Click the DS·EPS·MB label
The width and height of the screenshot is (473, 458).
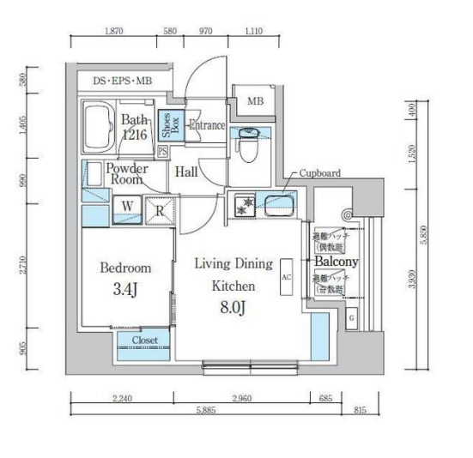click(x=126, y=82)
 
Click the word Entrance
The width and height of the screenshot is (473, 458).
click(x=206, y=126)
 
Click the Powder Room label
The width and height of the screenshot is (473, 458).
click(x=126, y=174)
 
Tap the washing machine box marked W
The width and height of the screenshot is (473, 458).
click(x=126, y=206)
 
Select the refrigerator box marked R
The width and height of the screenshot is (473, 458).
click(x=159, y=207)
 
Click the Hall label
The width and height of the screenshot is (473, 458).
click(x=186, y=172)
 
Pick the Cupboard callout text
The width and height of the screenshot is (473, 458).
click(x=319, y=173)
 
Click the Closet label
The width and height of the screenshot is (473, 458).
click(x=143, y=340)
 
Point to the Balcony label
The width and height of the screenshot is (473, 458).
click(x=336, y=261)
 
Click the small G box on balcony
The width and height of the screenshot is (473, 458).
click(x=352, y=319)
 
